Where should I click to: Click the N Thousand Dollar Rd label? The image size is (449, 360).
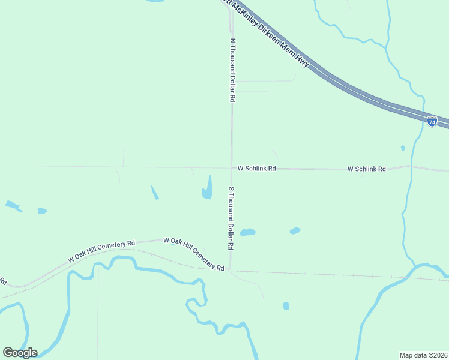[232, 71]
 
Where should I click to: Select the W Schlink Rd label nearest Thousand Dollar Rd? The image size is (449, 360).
[256, 169]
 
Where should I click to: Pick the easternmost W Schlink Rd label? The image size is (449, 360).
[366, 169]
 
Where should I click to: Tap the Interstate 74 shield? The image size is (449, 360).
[432, 121]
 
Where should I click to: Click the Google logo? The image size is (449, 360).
[20, 352]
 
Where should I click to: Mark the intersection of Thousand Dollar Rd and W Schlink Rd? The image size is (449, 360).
[232, 169]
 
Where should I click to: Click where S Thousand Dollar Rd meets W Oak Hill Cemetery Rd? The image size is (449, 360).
[231, 269]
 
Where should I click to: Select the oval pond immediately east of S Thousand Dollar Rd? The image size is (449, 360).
[247, 232]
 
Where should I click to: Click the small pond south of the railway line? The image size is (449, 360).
[286, 306]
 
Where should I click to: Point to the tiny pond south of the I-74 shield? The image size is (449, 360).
[403, 148]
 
